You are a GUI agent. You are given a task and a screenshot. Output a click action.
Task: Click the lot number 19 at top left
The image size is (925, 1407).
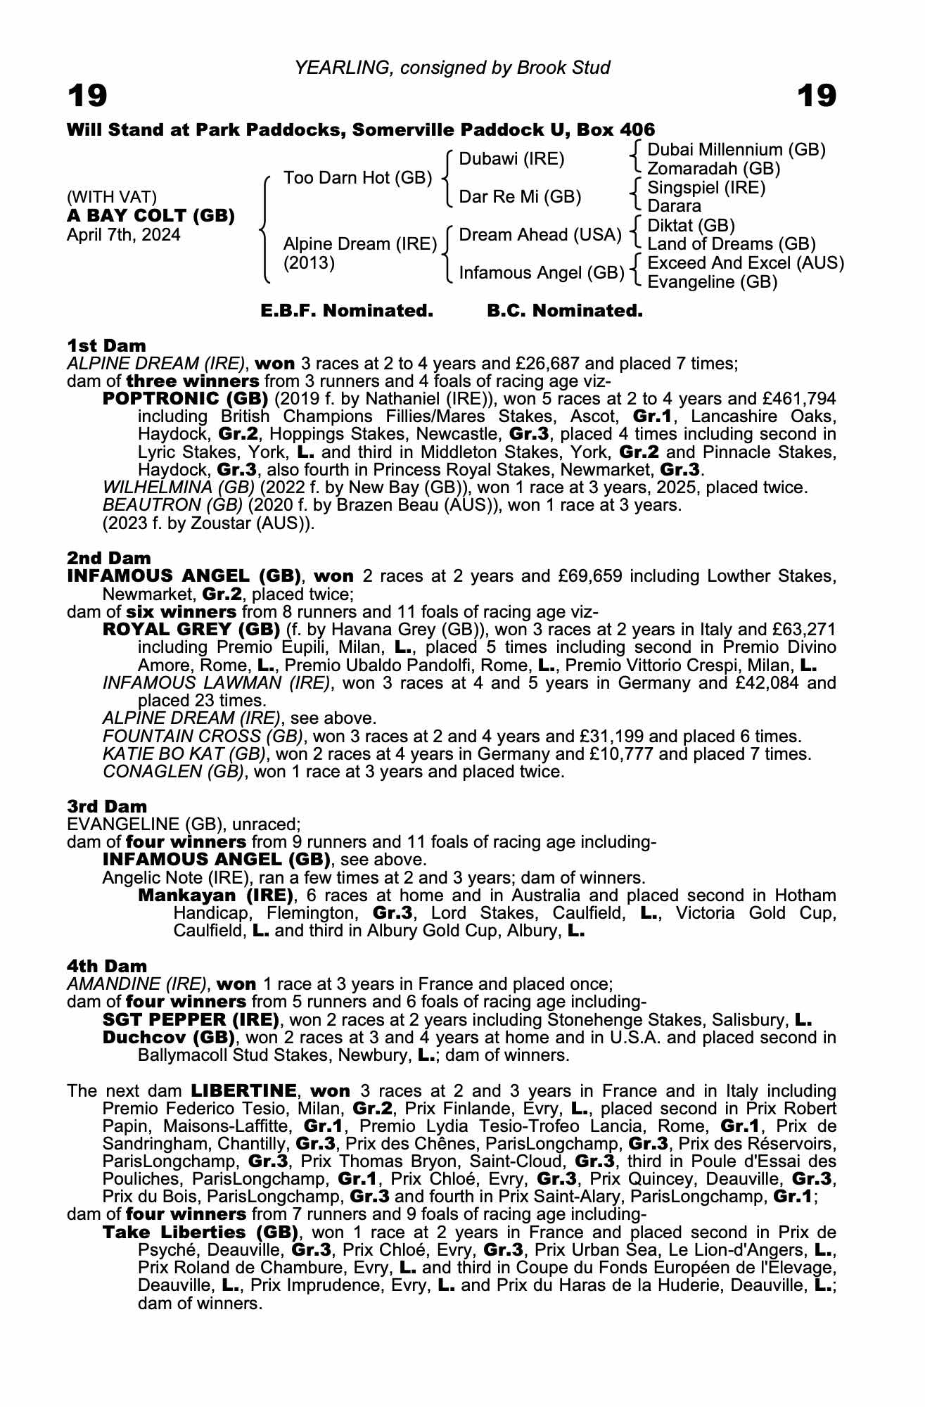(87, 96)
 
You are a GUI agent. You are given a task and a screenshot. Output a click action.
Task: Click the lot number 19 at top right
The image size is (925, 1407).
(817, 96)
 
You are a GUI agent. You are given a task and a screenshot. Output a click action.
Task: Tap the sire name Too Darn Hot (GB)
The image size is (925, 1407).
(357, 177)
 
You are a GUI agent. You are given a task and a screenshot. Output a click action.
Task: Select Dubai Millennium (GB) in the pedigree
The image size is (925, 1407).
(736, 150)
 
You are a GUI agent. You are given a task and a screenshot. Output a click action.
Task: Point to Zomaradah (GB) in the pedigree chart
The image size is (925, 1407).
(713, 169)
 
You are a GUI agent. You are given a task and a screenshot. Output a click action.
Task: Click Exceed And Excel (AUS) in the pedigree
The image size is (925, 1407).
(745, 263)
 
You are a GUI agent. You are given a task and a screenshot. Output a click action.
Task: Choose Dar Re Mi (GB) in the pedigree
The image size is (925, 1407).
(520, 197)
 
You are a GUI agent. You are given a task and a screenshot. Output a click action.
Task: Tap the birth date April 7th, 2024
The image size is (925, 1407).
(124, 235)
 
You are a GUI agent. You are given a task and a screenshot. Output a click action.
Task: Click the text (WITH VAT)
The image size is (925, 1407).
(112, 196)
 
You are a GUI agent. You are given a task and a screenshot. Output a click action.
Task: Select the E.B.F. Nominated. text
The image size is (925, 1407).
(347, 311)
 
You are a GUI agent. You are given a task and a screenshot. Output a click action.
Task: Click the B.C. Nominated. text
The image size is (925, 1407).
(565, 311)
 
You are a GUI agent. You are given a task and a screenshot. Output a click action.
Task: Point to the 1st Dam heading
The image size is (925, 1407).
(106, 345)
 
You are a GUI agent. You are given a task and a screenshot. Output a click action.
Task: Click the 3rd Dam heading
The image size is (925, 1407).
(107, 806)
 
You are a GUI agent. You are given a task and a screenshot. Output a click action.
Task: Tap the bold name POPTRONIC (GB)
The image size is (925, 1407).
(186, 399)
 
